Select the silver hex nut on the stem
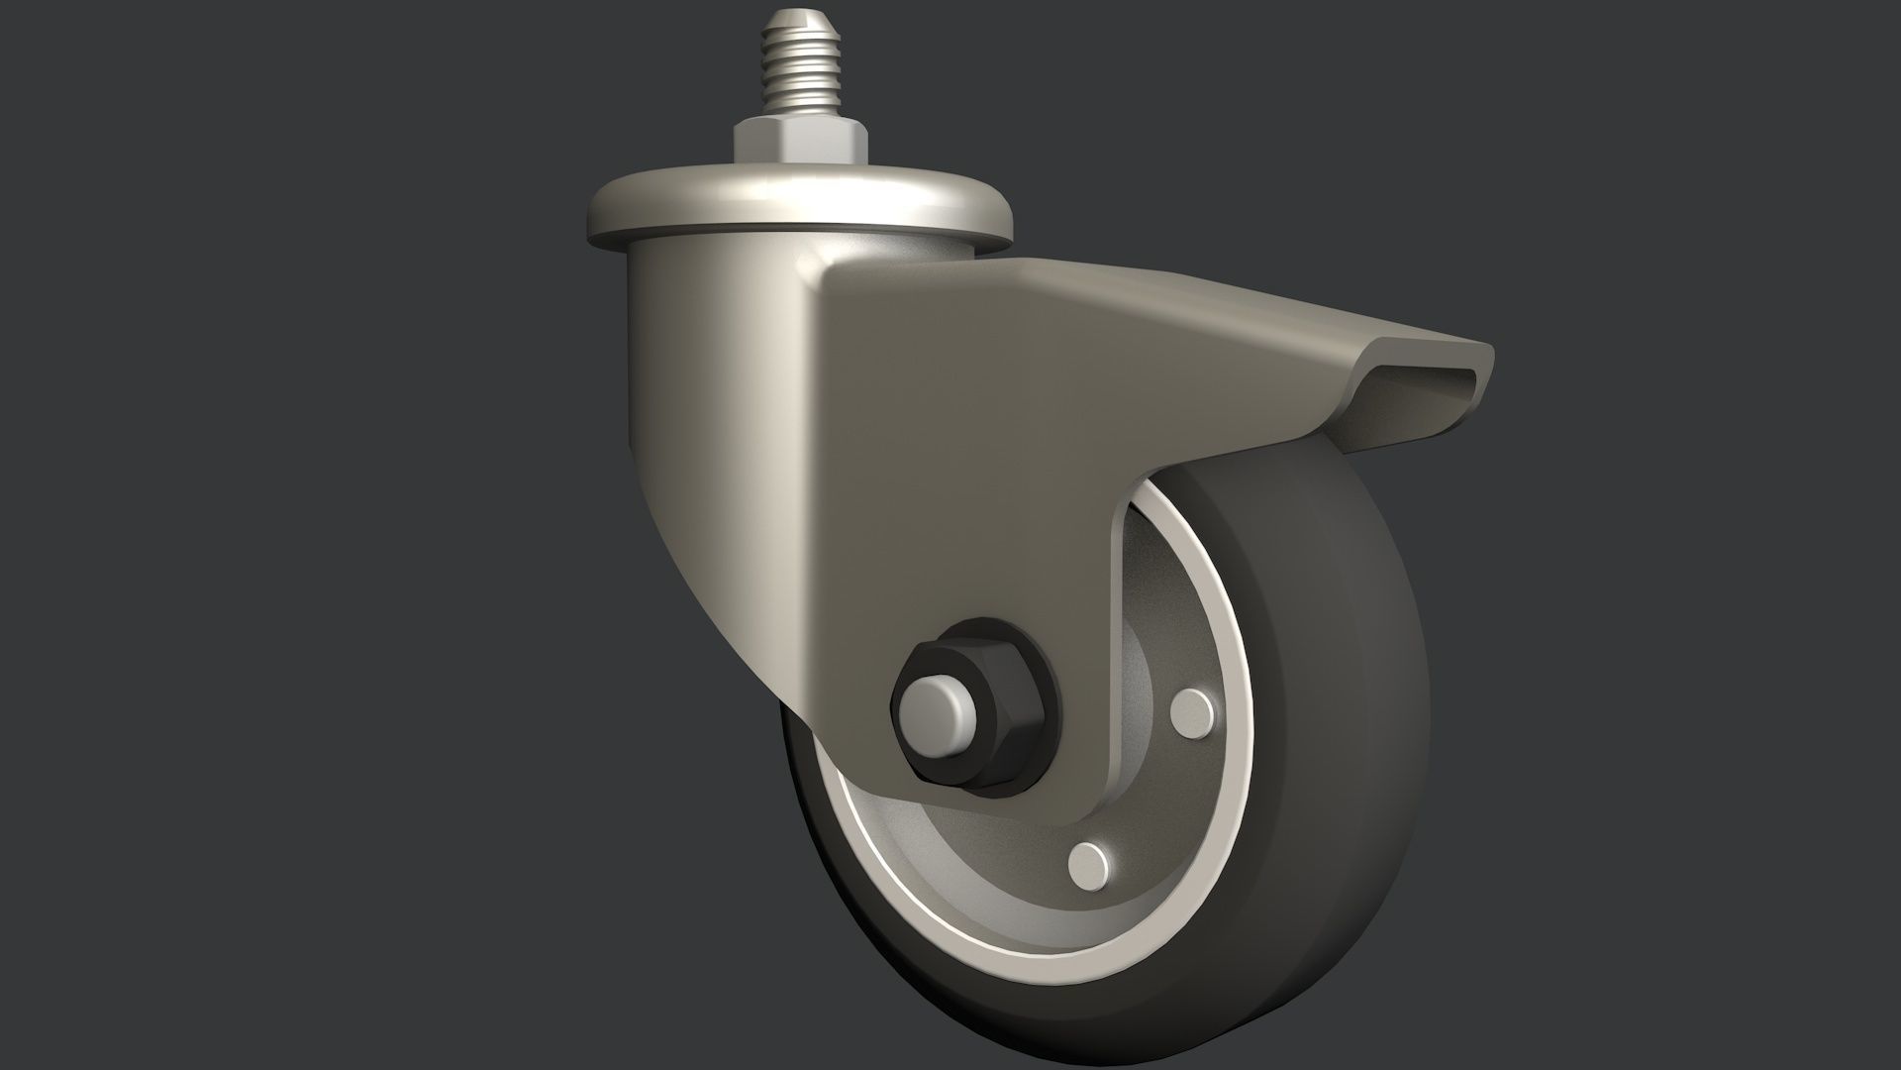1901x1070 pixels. pos(800,141)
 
